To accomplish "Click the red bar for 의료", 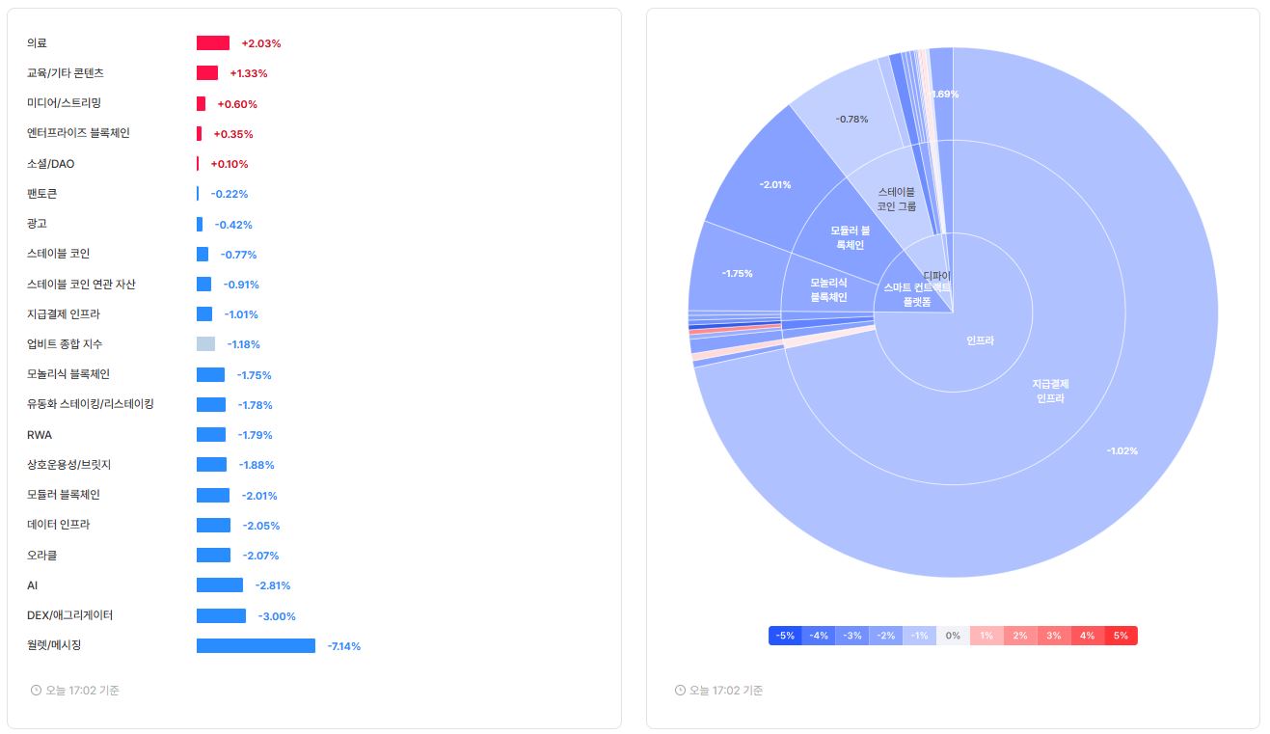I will pyautogui.click(x=213, y=43).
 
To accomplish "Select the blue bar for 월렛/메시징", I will pyautogui.click(x=256, y=645).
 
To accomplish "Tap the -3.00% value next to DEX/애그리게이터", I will pyautogui.click(x=277, y=616).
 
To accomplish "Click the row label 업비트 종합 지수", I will pyautogui.click(x=65, y=344).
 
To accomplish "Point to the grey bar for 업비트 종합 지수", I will pyautogui.click(x=205, y=344).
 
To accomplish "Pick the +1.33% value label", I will pyautogui.click(x=249, y=73).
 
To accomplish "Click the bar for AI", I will pyautogui.click(x=220, y=585).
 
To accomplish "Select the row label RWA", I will pyautogui.click(x=40, y=435).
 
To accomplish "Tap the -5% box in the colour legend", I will pyautogui.click(x=785, y=636).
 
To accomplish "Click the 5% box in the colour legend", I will pyautogui.click(x=1121, y=636).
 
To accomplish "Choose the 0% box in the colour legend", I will pyautogui.click(x=953, y=636).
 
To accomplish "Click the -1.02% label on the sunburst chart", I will pyautogui.click(x=1122, y=450).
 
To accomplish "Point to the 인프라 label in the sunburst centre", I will pyautogui.click(x=980, y=340).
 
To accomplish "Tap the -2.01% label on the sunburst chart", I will pyautogui.click(x=775, y=184).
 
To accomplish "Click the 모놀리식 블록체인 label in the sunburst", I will pyautogui.click(x=828, y=289).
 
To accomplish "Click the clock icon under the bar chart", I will pyautogui.click(x=37, y=691).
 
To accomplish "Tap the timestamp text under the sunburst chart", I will pyautogui.click(x=726, y=691).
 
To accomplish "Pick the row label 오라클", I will pyautogui.click(x=42, y=556).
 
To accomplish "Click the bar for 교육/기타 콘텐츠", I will pyautogui.click(x=207, y=73).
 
